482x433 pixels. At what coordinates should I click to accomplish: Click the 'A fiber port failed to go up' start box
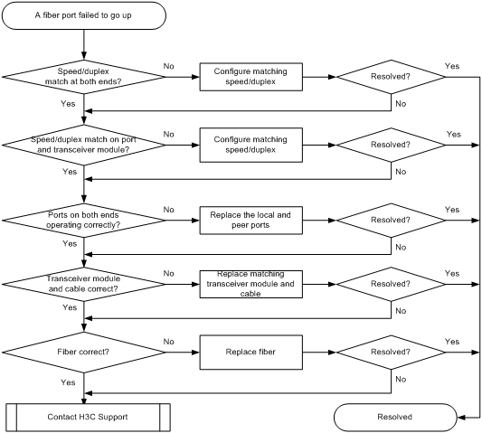pos(84,15)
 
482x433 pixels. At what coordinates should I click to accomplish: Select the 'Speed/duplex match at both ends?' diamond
pos(84,77)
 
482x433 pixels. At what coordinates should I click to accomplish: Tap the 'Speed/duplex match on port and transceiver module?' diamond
pos(84,145)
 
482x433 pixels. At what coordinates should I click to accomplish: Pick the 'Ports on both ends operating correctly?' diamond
pos(84,220)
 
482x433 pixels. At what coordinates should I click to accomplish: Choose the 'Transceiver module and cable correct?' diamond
pos(84,284)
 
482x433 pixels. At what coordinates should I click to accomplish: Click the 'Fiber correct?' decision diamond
pos(84,353)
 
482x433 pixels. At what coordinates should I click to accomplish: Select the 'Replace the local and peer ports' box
pos(250,221)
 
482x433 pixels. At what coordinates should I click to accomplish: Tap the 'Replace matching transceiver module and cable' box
pos(250,284)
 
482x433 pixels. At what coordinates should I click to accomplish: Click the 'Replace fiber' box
pos(250,353)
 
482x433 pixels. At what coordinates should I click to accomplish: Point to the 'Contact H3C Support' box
pos(88,418)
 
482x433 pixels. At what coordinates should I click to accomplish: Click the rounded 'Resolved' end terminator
pos(395,418)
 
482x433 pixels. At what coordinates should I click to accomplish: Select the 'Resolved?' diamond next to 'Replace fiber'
pos(391,353)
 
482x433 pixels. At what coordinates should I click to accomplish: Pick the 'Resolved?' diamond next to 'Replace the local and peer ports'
pos(391,220)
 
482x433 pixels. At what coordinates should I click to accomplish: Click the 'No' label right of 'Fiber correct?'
pos(169,342)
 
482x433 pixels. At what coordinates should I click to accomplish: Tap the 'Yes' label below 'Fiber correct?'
pos(68,382)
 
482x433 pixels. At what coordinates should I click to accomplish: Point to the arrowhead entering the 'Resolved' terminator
pos(461,418)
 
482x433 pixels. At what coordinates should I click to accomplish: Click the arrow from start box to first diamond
pos(84,45)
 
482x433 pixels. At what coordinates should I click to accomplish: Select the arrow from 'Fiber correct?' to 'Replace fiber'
pos(183,353)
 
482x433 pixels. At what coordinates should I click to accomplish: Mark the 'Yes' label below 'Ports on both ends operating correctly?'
pos(70,243)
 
